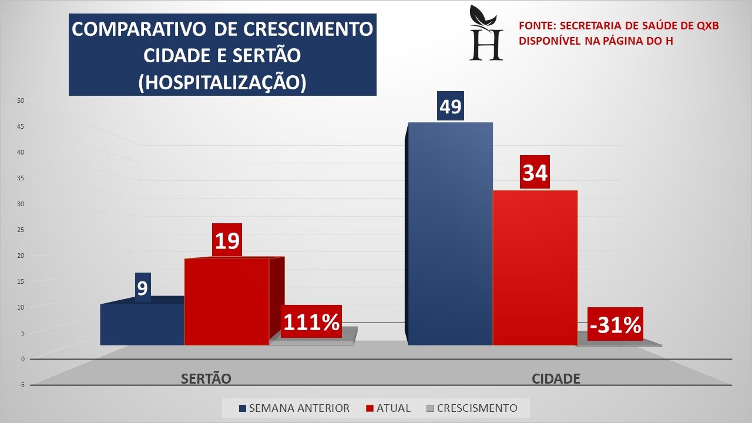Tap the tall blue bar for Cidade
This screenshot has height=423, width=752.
point(450,235)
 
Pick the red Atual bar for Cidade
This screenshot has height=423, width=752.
point(535,267)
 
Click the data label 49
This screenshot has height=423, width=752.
point(451,106)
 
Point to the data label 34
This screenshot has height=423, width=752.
point(535,172)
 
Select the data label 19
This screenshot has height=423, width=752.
point(227,240)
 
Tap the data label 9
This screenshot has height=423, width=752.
point(143,288)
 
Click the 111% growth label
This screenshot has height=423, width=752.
point(311,322)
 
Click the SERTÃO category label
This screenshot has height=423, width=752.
point(206,379)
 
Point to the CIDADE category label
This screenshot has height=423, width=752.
point(556,379)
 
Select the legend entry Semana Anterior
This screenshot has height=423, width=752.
point(294,408)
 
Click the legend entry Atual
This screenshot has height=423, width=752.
point(388,408)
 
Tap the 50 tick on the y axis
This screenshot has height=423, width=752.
point(20,100)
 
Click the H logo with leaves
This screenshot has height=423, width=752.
point(486,33)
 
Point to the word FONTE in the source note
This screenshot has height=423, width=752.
point(536,26)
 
